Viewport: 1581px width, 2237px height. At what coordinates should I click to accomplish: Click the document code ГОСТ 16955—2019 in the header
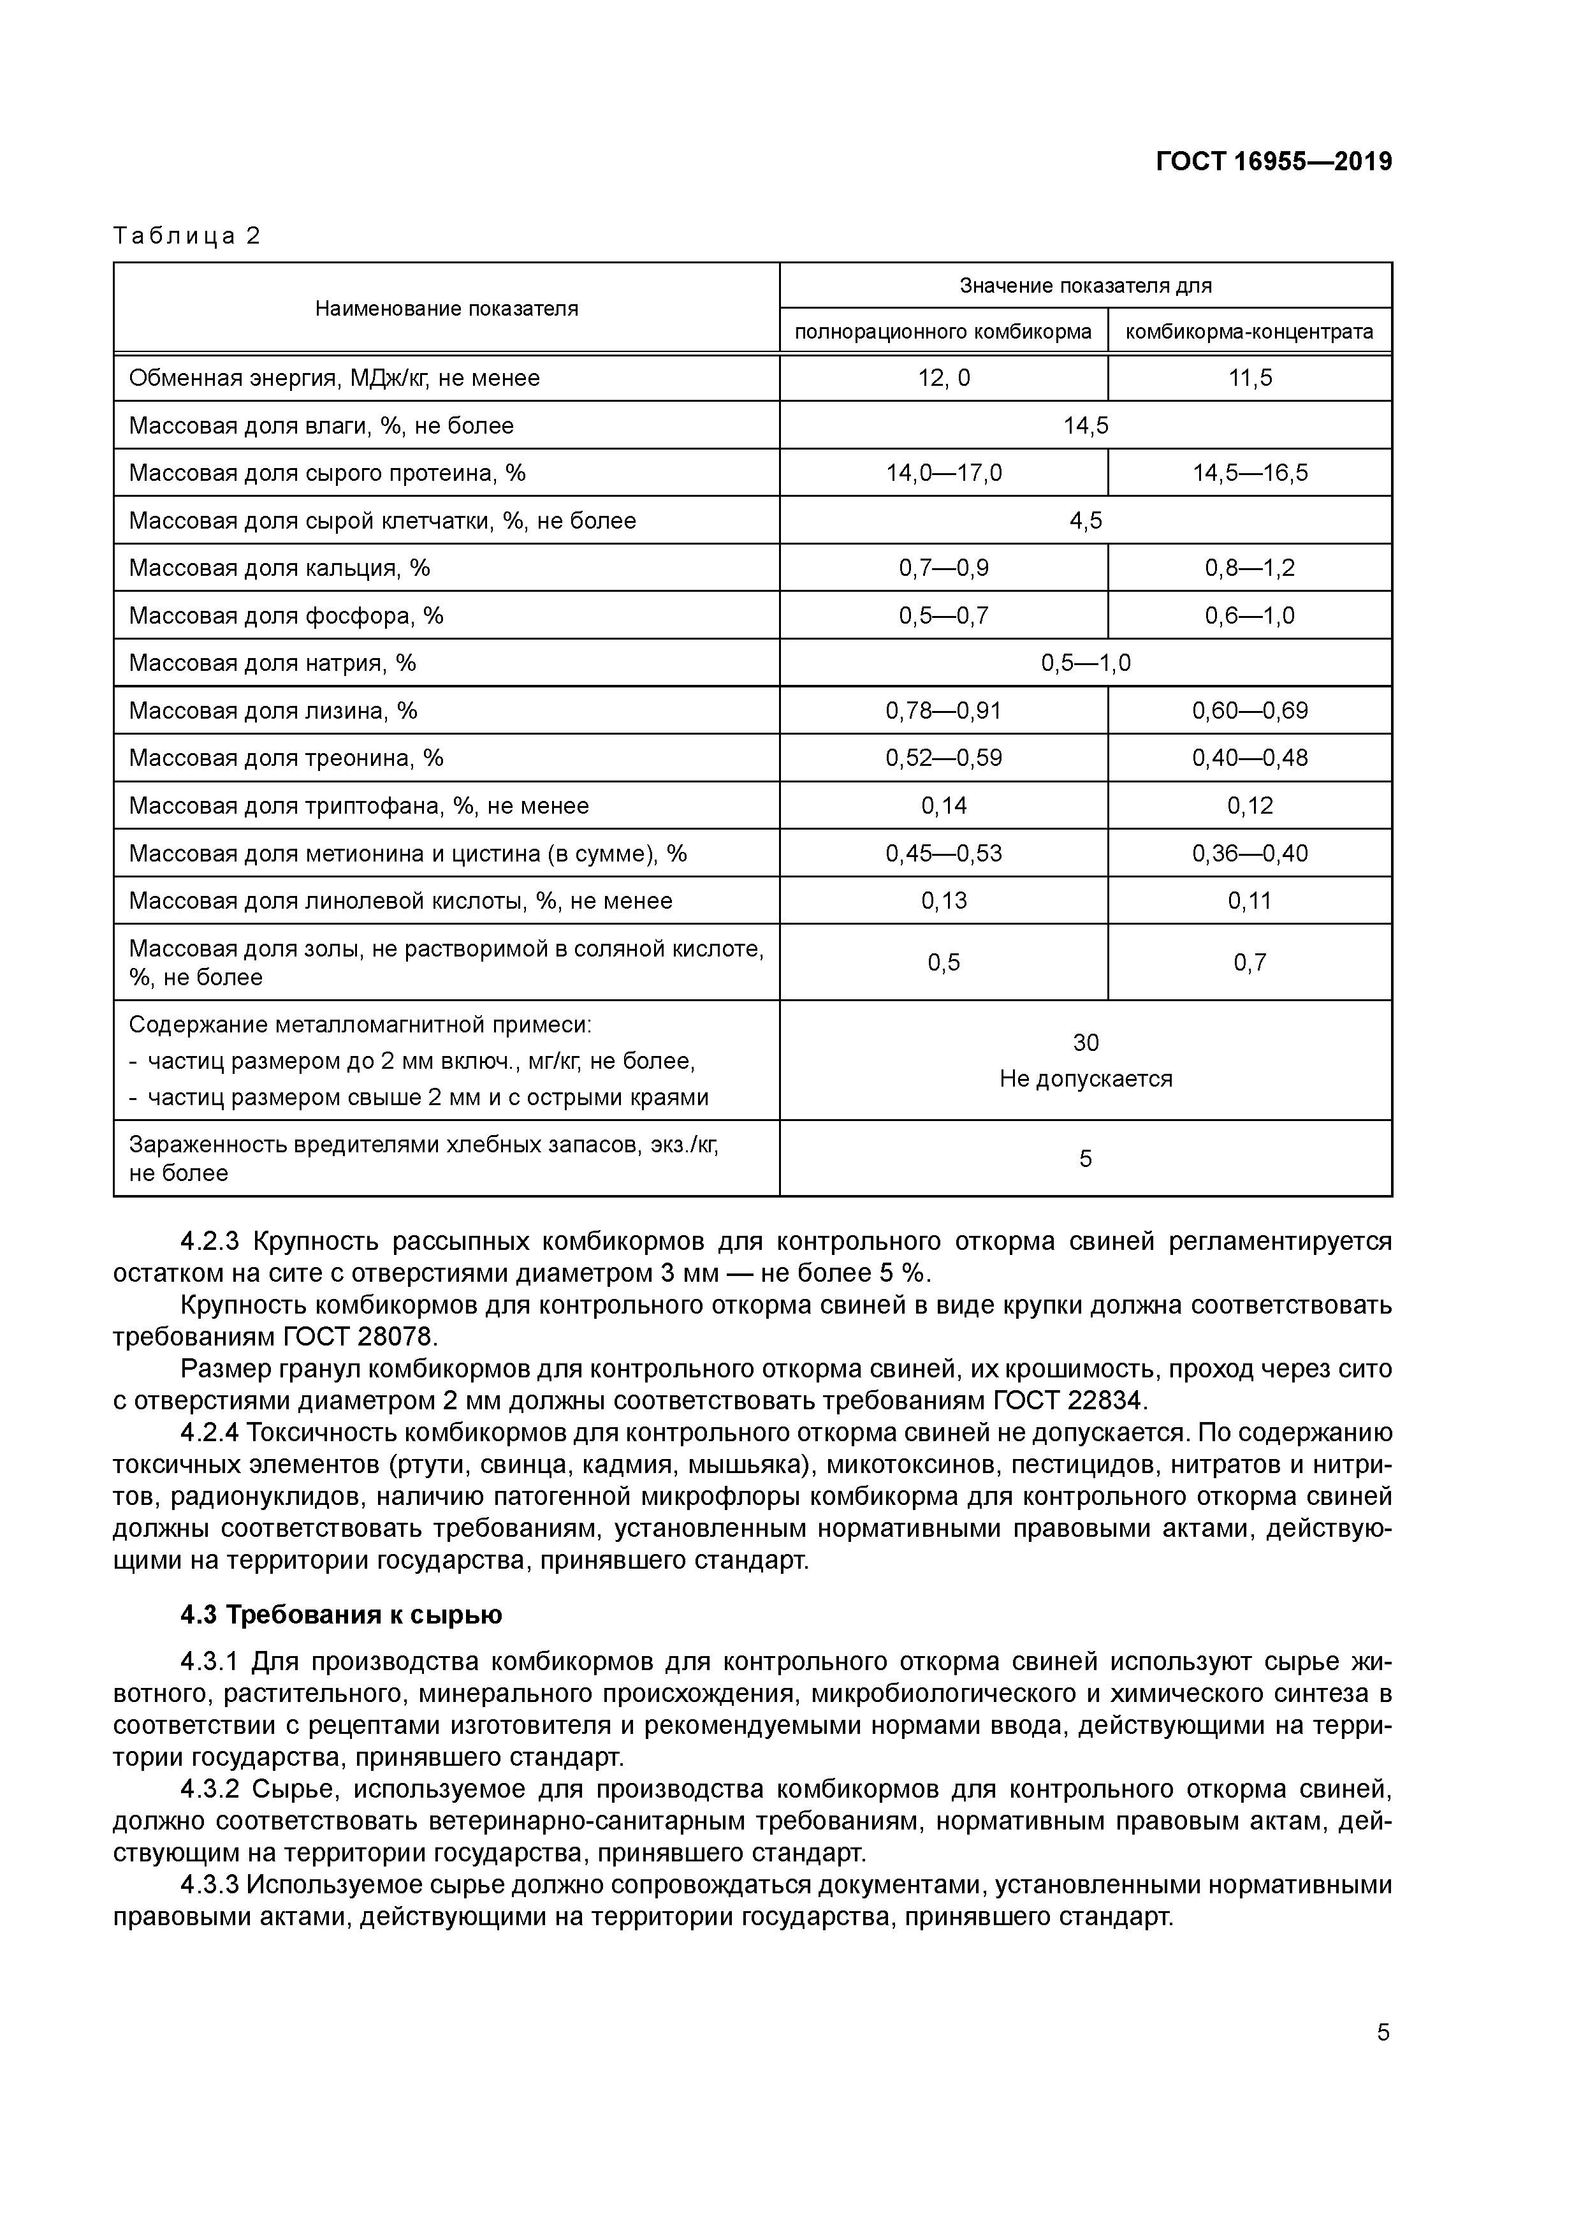click(1273, 162)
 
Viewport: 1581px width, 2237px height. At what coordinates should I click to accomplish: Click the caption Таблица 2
click(187, 236)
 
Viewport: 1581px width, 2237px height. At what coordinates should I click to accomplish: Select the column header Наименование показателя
click(446, 309)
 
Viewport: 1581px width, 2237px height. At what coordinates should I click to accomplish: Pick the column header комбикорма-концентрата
click(1249, 331)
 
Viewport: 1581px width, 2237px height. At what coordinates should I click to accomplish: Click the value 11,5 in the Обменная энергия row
click(1249, 378)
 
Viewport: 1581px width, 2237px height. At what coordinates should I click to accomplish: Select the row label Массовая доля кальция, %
click(280, 568)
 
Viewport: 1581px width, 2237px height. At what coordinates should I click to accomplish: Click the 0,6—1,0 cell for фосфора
click(1249, 616)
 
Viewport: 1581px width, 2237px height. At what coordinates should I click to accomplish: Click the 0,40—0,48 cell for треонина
click(1249, 758)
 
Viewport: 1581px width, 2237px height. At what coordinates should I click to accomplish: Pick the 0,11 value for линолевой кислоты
click(1249, 901)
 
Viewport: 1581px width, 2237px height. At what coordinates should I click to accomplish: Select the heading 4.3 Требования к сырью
click(341, 1615)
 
